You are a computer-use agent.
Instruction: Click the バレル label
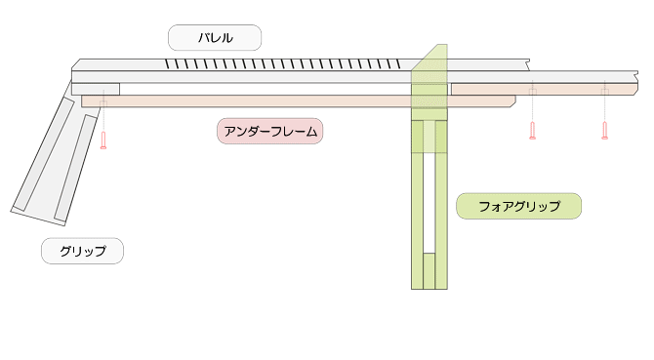click(215, 38)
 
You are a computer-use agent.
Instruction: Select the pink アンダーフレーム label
click(269, 131)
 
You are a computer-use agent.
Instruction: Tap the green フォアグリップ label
click(518, 206)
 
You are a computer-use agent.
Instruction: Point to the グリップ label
click(82, 251)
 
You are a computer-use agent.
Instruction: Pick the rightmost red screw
click(605, 131)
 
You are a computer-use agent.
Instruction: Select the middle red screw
click(532, 131)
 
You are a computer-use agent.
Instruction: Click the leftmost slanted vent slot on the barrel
click(167, 65)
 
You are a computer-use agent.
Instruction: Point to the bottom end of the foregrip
click(429, 285)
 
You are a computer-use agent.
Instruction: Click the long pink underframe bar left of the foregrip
click(244, 100)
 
